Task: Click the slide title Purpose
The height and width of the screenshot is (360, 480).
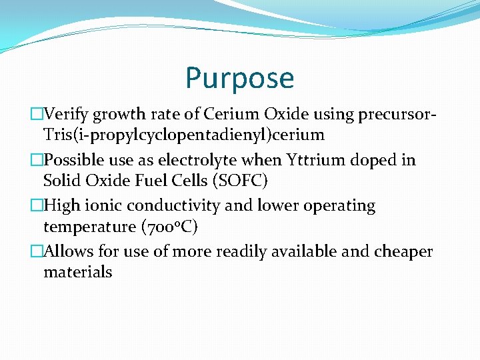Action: tap(239, 77)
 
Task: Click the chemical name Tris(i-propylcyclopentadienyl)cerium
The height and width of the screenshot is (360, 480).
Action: tap(183, 135)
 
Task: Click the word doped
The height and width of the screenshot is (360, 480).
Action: tap(386, 160)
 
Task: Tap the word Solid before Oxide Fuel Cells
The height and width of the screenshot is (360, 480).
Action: tap(61, 181)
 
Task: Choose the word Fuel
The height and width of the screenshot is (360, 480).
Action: tap(148, 181)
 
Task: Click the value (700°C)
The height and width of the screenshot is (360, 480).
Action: tap(170, 227)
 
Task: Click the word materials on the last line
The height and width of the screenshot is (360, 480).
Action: tap(77, 272)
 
